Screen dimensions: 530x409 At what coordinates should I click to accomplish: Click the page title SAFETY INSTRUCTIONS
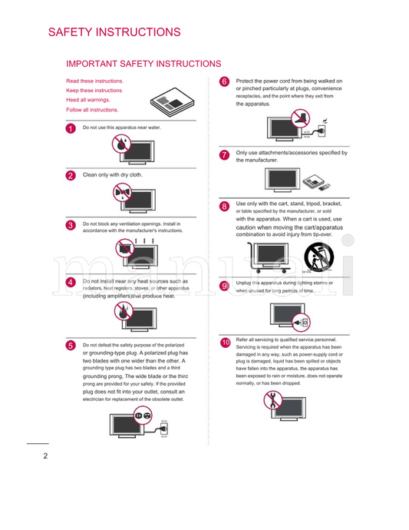coord(114,32)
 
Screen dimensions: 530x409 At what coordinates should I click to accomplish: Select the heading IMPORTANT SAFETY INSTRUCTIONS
coord(143,64)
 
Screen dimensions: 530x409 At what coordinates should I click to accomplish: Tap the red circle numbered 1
coord(71,128)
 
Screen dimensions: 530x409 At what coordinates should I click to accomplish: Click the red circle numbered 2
coord(71,175)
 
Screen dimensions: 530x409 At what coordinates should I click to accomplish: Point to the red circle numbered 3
coord(71,225)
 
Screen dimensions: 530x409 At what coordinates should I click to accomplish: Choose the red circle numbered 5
coord(71,346)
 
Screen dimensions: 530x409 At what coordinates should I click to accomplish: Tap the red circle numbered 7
coord(225,154)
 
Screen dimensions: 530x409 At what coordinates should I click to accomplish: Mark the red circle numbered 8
coord(225,206)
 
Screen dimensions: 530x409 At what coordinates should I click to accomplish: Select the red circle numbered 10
coord(225,342)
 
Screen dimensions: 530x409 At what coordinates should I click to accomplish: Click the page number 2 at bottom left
coord(35,456)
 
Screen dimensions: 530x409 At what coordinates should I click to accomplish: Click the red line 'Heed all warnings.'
coord(87,100)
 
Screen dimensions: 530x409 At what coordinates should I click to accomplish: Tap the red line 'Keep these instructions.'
coord(94,90)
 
